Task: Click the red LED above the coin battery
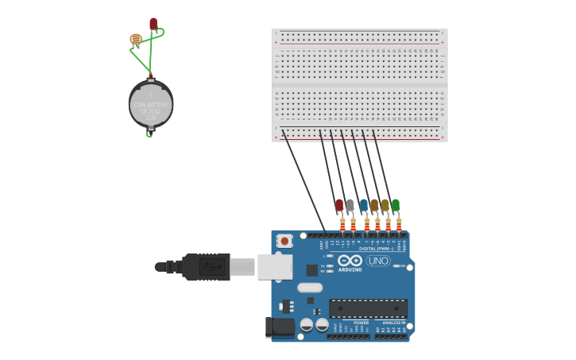coord(153,24)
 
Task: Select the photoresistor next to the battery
coord(136,39)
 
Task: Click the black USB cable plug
coord(205,267)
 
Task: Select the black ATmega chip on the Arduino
coord(368,308)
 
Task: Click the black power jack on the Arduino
coord(279,327)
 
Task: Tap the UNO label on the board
coord(378,261)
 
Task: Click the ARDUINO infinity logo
coord(350,261)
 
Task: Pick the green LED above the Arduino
coord(396,205)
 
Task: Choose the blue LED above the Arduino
coord(364,205)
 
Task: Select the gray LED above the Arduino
coord(350,205)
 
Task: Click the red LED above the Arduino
coord(339,205)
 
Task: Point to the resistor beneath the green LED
coord(399,224)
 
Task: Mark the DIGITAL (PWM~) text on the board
coord(376,248)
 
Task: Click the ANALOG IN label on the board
coord(393,323)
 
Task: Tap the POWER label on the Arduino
coord(361,323)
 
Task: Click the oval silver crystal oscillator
coord(310,288)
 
